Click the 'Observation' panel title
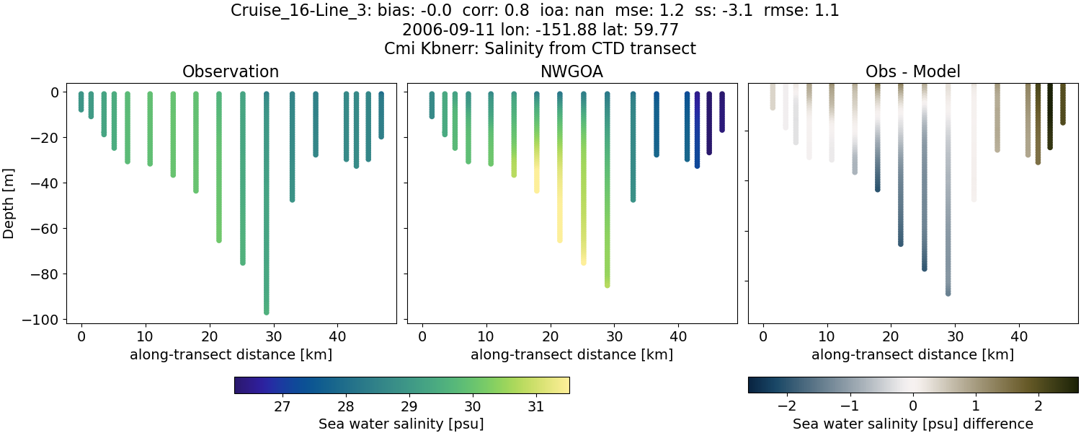pyautogui.click(x=231, y=71)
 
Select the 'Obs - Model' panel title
pyautogui.click(x=912, y=71)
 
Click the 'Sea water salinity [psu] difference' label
pyautogui.click(x=912, y=424)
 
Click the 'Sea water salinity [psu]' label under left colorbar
pyautogui.click(x=401, y=424)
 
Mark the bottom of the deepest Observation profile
pyautogui.click(x=267, y=312)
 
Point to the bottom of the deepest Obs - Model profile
pyautogui.click(x=948, y=293)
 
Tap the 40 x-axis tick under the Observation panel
pyautogui.click(x=337, y=336)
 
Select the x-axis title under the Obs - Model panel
pyautogui.click(x=912, y=354)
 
